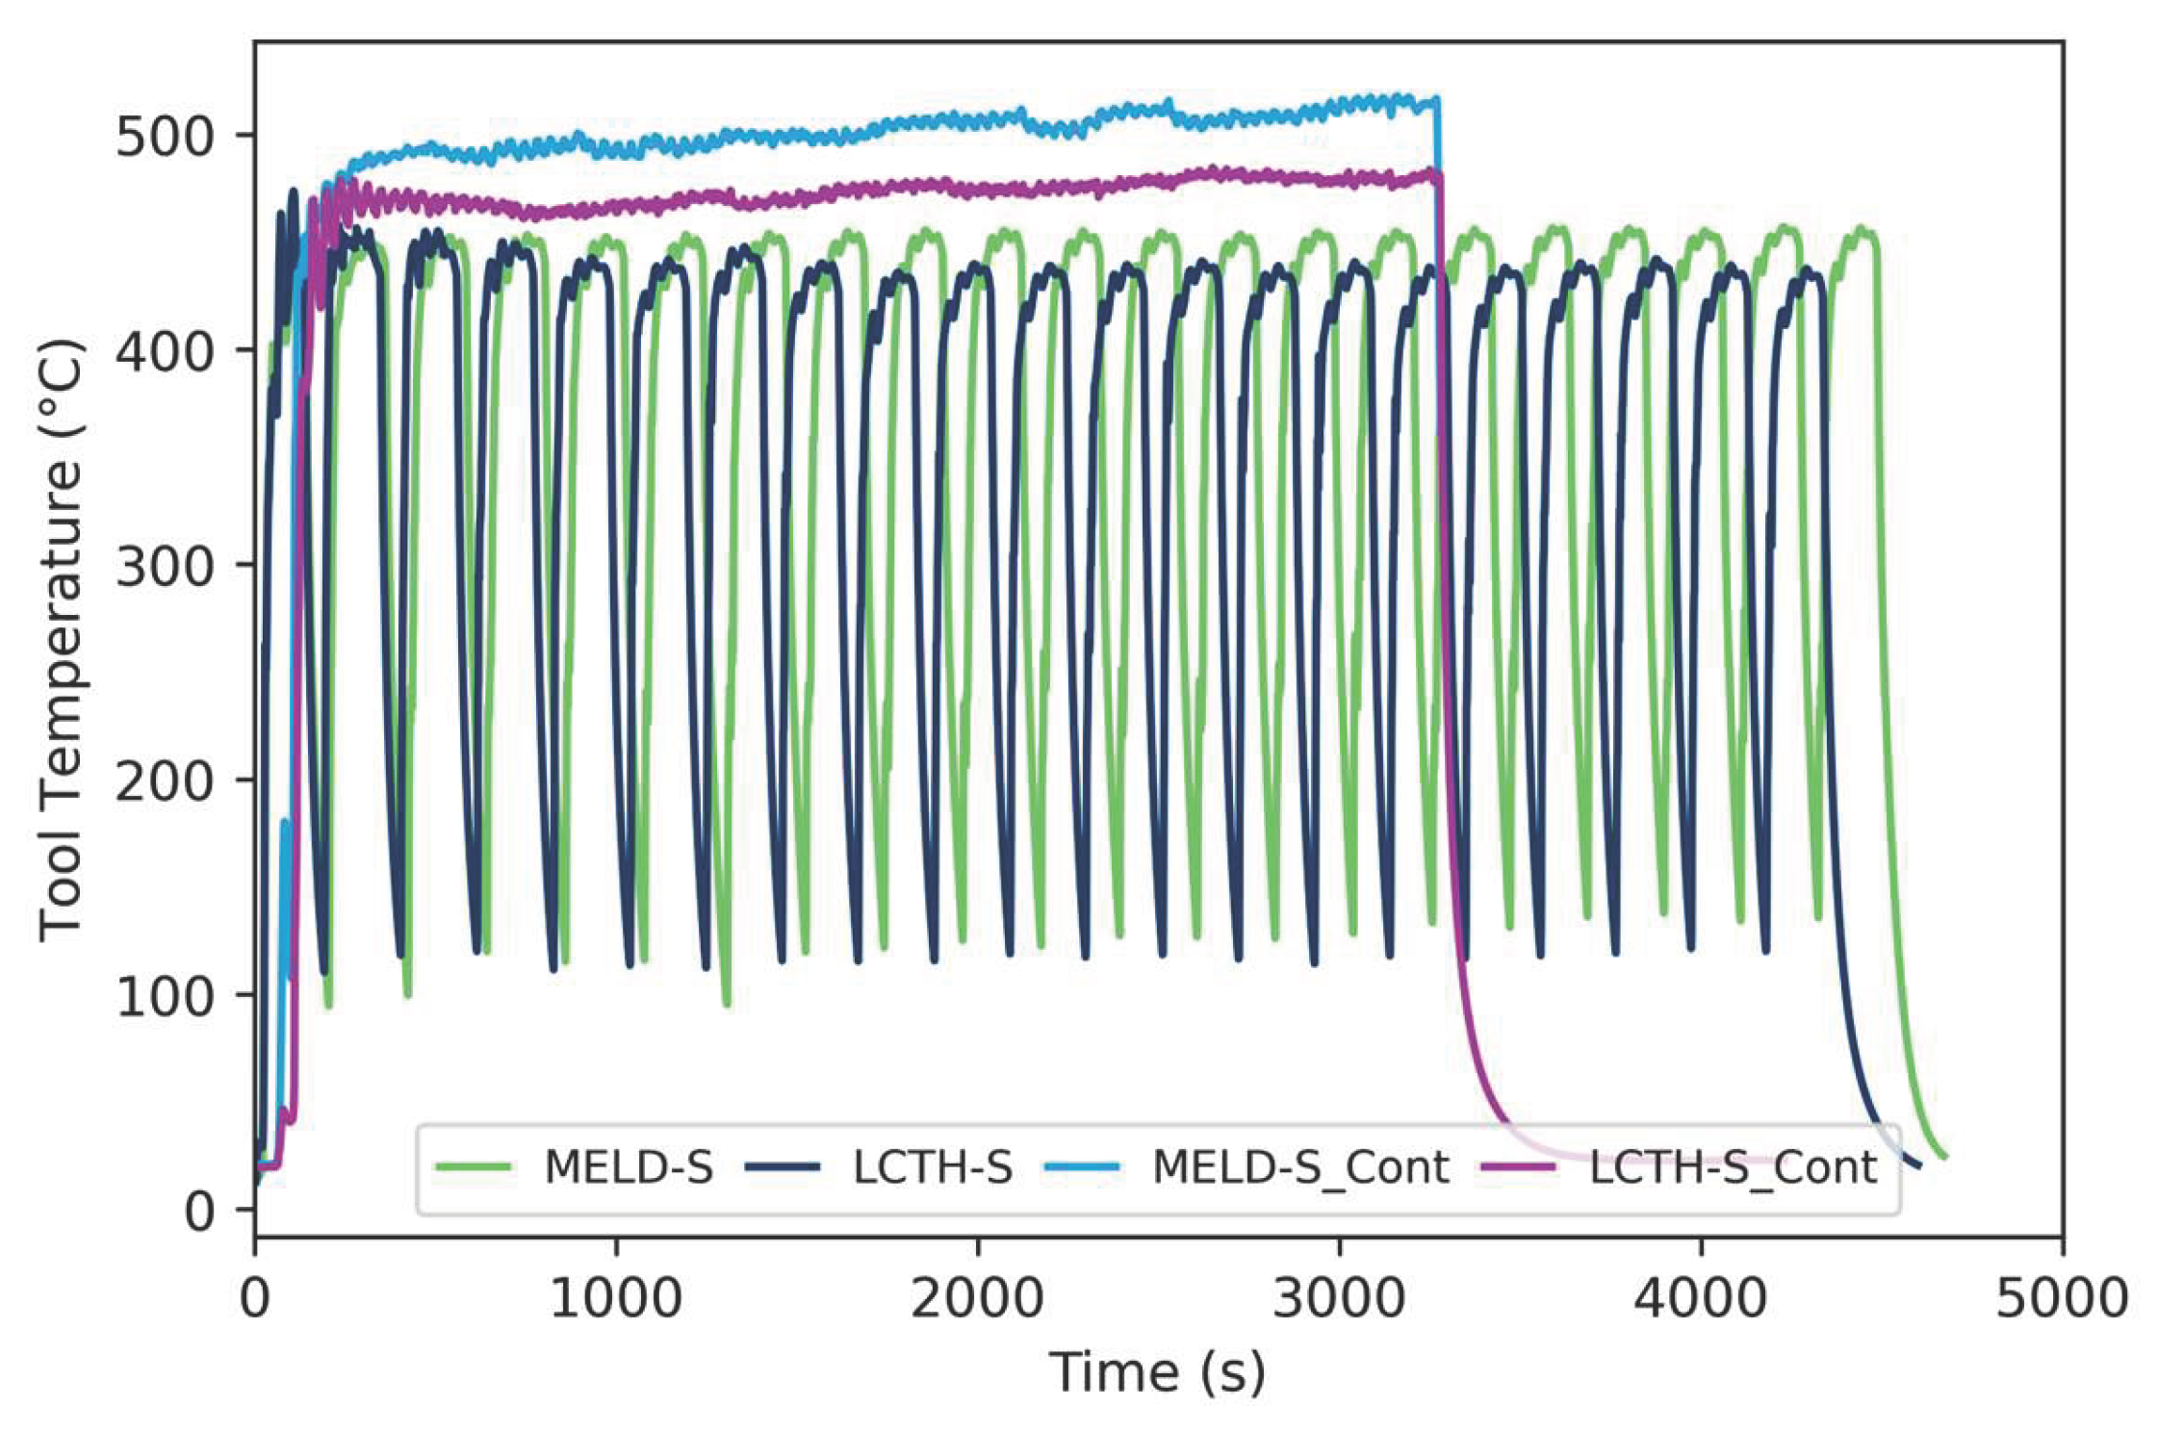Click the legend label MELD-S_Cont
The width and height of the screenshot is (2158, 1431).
1300,1168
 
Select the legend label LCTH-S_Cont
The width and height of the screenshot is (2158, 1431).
1733,1168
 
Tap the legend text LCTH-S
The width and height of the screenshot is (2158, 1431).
933,1168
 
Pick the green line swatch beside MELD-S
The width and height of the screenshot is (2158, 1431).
473,1168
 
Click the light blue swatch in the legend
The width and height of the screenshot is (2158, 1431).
1082,1168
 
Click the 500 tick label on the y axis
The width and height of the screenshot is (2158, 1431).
165,137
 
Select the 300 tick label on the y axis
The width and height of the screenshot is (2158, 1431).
165,566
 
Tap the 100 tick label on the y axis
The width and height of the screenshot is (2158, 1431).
165,996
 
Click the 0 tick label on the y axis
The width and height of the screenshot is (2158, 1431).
200,1212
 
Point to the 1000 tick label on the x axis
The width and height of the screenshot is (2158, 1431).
616,1299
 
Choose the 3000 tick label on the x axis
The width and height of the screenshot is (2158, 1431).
1339,1299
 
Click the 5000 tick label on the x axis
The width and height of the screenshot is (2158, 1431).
2061,1299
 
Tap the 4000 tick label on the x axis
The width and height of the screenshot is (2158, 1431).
1700,1299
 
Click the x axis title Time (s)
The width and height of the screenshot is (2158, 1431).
1157,1372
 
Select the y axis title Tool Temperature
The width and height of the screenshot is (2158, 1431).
62,639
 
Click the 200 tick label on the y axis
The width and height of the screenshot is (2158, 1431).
165,781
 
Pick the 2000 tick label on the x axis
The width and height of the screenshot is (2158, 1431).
977,1299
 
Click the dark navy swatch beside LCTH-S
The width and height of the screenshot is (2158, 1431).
782,1168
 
